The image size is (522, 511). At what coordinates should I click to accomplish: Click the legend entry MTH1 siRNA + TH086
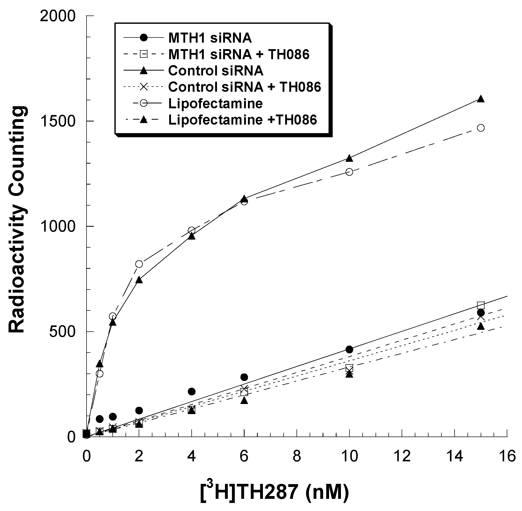pos(239,55)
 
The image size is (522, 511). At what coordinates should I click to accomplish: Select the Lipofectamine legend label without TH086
pos(215,104)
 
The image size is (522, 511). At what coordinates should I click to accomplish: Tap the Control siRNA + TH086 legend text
pos(244,87)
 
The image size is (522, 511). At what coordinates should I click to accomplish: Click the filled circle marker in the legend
pos(144,38)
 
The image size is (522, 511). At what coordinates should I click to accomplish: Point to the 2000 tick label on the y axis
pos(57,16)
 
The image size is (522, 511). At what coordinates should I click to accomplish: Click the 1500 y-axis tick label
pos(57,121)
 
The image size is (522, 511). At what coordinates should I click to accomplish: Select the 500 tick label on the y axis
pos(62,332)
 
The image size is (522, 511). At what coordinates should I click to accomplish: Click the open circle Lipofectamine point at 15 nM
pos(481,128)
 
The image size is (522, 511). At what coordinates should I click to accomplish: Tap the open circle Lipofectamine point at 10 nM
pos(349,172)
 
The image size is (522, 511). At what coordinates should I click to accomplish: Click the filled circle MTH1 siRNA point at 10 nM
pos(349,349)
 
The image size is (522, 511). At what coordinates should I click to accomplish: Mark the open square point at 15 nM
pos(481,305)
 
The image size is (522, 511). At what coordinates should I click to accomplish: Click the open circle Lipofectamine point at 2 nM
pos(139,264)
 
